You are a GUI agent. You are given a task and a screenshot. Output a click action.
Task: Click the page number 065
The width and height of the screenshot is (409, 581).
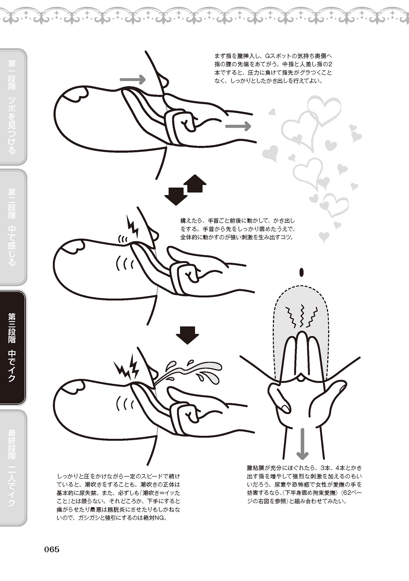click(52, 549)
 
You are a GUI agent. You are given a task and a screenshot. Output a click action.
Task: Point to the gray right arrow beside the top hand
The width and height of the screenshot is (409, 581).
click(238, 126)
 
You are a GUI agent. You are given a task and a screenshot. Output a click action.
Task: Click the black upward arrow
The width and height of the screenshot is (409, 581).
click(194, 184)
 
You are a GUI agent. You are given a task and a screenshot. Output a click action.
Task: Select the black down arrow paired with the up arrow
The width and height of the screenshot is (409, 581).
click(176, 195)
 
